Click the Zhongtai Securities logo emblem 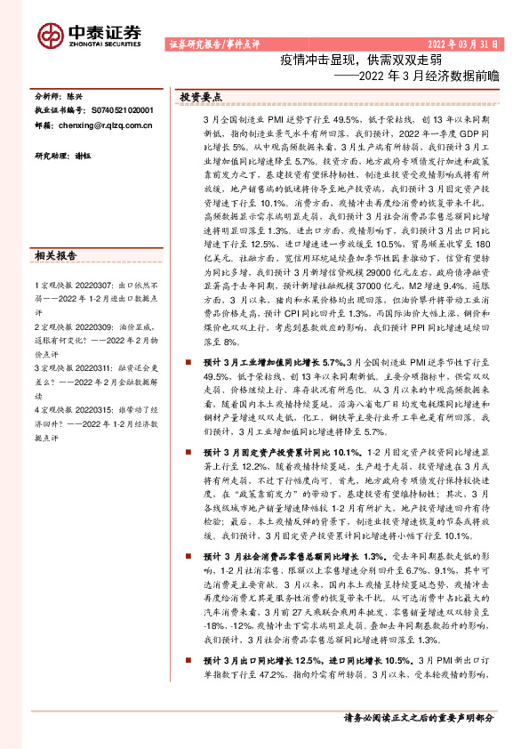click(x=51, y=35)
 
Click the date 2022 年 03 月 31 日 click(x=464, y=44)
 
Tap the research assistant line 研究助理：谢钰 click(x=61, y=156)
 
